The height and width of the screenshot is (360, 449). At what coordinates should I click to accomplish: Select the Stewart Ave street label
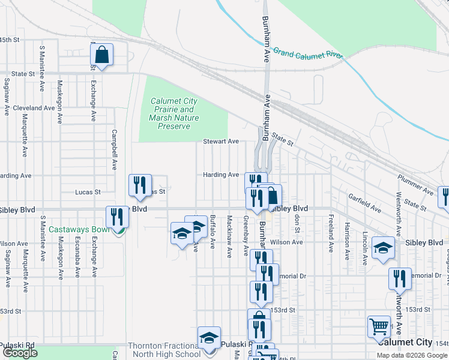pos(220,142)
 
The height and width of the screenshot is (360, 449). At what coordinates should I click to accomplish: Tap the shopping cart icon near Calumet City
pos(379,327)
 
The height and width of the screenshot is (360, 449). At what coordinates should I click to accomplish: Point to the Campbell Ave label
pos(113,149)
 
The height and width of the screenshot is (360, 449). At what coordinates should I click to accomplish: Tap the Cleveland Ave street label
pos(34,108)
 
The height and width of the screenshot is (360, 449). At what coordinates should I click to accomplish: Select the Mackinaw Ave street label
pos(229,236)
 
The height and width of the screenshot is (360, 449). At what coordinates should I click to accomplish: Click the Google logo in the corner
pos(20,353)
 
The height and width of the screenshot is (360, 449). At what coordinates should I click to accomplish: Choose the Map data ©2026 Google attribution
pos(412,355)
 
